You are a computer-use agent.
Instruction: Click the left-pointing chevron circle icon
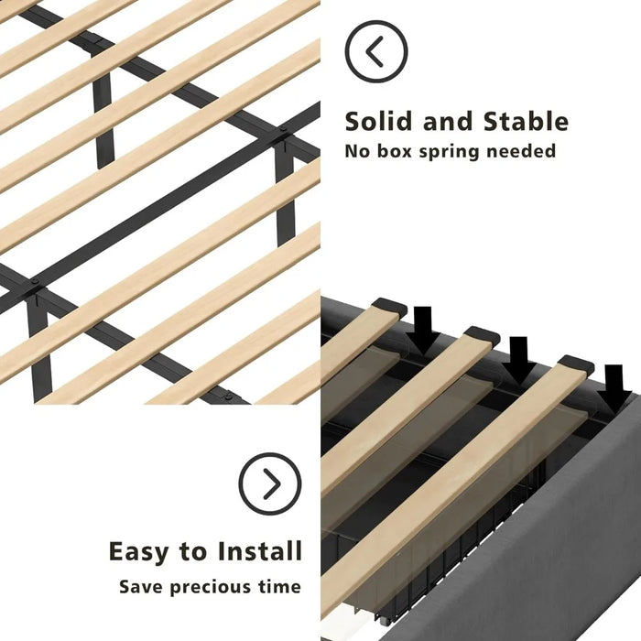coord(376,51)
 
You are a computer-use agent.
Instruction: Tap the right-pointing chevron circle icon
coord(270,483)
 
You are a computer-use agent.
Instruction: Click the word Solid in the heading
coord(378,122)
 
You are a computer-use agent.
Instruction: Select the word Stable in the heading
coord(526,122)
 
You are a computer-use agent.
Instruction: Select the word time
coord(279,587)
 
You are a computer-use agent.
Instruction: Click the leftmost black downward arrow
coord(423,330)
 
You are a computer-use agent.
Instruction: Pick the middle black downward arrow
coord(519,359)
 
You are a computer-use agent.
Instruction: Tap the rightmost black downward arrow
coord(614,387)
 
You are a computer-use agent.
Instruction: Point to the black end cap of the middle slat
coord(483,335)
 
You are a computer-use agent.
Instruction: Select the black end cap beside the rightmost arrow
coord(577,364)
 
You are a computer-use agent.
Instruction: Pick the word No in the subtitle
coord(357,151)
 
